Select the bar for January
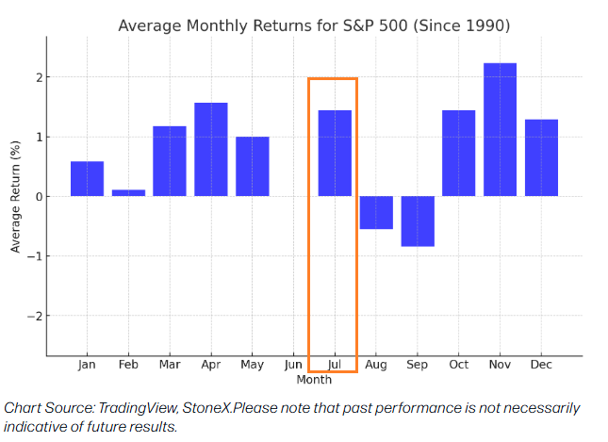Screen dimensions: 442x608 tap(87, 179)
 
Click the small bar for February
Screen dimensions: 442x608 tap(128, 192)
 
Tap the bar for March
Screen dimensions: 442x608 tap(170, 161)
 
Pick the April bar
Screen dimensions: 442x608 tap(211, 149)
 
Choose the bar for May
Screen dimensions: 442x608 tap(252, 166)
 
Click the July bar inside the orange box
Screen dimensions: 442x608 tap(335, 153)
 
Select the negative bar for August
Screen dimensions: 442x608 tap(376, 212)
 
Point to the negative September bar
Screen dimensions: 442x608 tap(418, 221)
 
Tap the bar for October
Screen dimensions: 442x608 tap(458, 153)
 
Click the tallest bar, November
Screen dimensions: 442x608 tap(500, 129)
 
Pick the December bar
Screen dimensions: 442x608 tap(541, 157)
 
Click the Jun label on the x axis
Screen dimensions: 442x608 tap(293, 365)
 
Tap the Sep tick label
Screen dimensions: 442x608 tap(418, 365)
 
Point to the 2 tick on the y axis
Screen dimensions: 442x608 tap(38, 77)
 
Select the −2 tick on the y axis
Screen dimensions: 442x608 tap(34, 316)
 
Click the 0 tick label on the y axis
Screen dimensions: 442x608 tap(38, 196)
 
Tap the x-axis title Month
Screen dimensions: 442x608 tap(314, 380)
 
